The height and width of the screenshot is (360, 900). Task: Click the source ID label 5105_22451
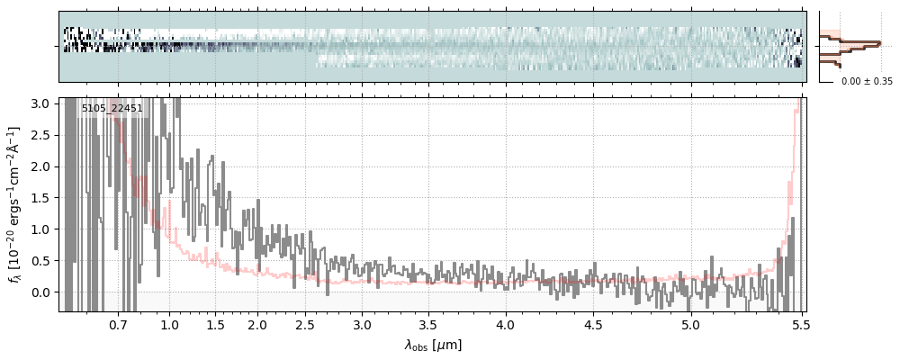tap(112, 109)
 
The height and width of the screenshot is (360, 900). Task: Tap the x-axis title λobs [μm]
tap(433, 344)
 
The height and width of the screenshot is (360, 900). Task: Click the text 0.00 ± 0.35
tap(867, 82)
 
